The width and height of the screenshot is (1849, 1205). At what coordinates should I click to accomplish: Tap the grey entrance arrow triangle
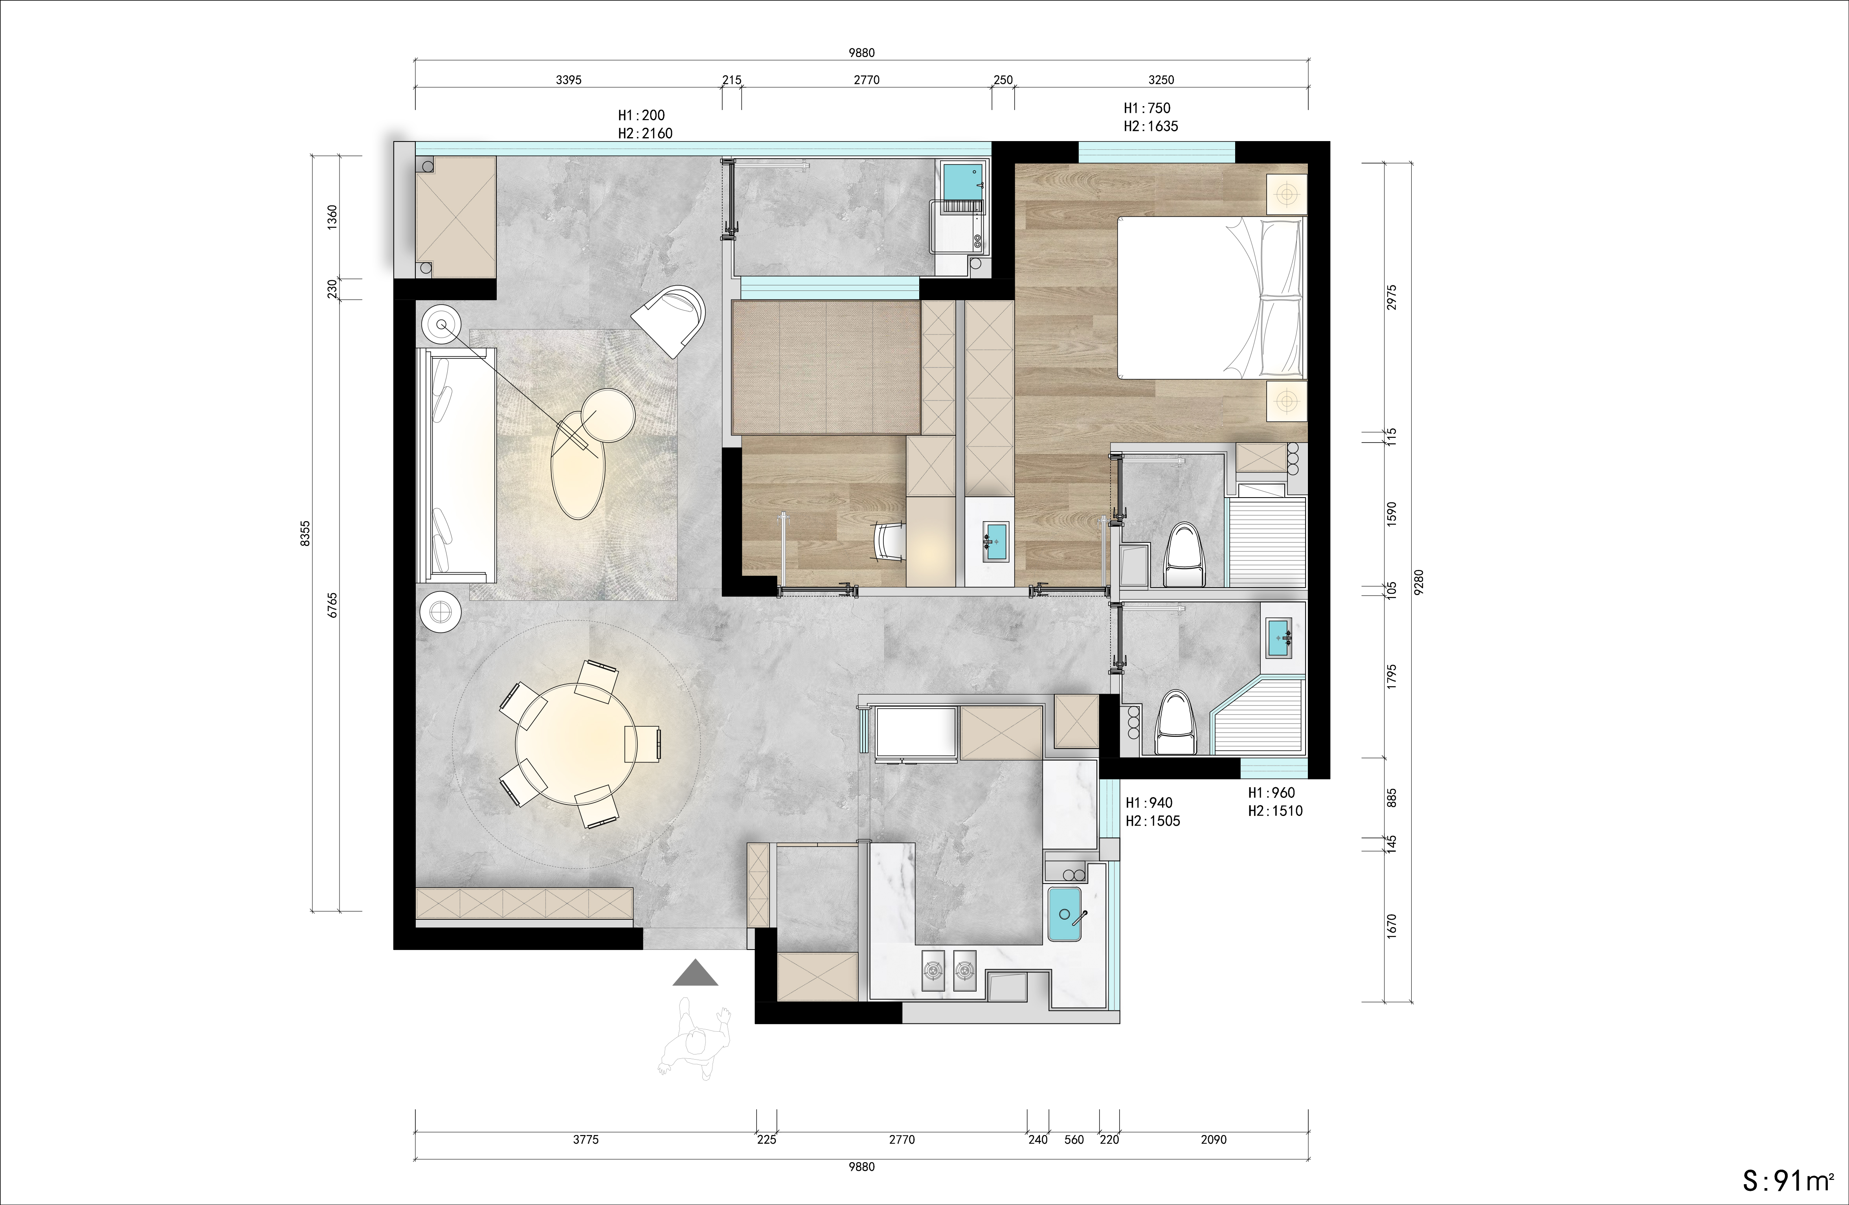click(695, 973)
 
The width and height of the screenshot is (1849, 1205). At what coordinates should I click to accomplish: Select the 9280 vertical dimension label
click(1419, 582)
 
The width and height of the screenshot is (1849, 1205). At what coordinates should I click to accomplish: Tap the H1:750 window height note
click(1147, 108)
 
